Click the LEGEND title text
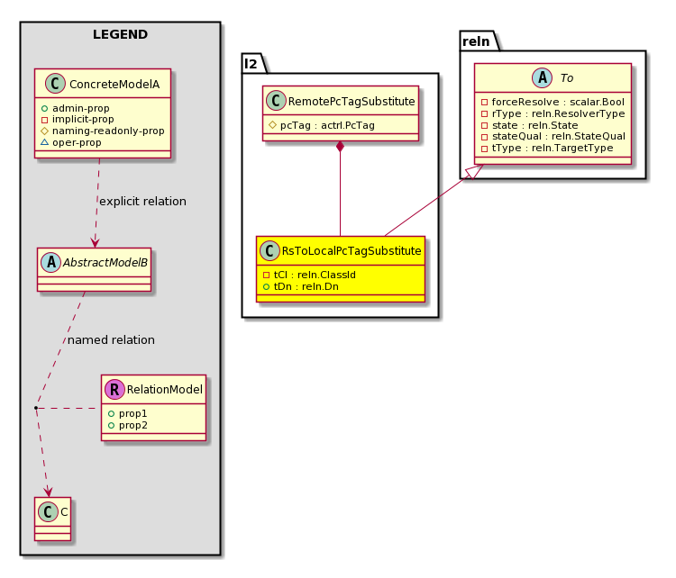pos(120,34)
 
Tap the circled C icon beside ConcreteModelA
pos(55,84)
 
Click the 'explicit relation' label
pos(142,201)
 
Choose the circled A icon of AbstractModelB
pos(50,262)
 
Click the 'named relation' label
pos(111,339)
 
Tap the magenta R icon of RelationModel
pos(114,389)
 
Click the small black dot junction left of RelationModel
pos(36,408)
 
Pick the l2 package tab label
pos(251,64)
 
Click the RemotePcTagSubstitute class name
pos(352,101)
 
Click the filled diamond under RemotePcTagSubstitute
pos(340,147)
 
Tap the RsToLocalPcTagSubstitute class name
pos(352,250)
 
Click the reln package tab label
pos(476,41)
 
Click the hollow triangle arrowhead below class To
pos(474,171)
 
